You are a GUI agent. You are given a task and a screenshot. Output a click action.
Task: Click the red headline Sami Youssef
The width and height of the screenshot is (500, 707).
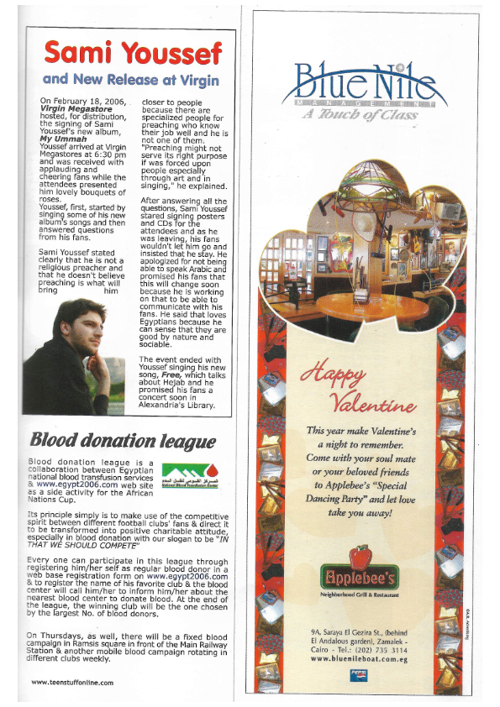click(x=133, y=53)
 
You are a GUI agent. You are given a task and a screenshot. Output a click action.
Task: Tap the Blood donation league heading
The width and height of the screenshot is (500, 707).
click(x=123, y=441)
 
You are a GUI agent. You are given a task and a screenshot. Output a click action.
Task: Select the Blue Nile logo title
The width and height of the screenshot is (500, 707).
click(x=360, y=81)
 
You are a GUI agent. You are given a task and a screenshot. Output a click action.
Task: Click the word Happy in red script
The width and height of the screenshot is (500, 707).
click(x=333, y=372)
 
